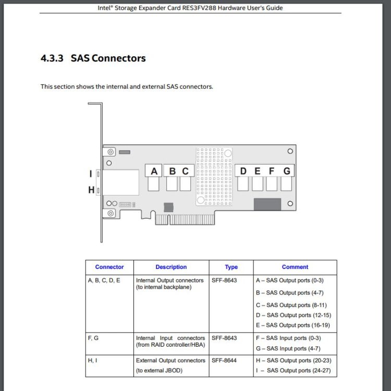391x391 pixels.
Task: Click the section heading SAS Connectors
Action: click(108, 58)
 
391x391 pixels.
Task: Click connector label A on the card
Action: click(154, 172)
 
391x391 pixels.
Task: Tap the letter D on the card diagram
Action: click(243, 171)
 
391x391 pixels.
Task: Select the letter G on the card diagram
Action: click(287, 171)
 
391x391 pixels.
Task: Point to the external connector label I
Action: click(91, 174)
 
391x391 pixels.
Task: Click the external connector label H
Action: click(91, 190)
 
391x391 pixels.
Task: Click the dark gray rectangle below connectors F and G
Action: click(267, 204)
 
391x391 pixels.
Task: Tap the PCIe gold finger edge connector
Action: click(185, 219)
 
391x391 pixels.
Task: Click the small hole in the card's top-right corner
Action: click(290, 151)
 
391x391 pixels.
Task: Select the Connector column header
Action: click(109, 267)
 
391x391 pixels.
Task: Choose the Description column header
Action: click(171, 267)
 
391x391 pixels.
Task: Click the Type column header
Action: click(231, 267)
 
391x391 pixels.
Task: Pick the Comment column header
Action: click(295, 267)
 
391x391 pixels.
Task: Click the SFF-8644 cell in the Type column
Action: click(224, 361)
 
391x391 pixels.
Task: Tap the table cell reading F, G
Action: click(93, 338)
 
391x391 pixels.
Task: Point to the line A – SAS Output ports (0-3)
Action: click(289, 280)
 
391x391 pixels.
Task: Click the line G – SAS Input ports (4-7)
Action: click(288, 349)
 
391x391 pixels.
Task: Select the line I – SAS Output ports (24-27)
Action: click(294, 371)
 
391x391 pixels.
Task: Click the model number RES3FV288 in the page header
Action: click(199, 8)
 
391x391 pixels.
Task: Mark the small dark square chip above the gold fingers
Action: click(168, 207)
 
